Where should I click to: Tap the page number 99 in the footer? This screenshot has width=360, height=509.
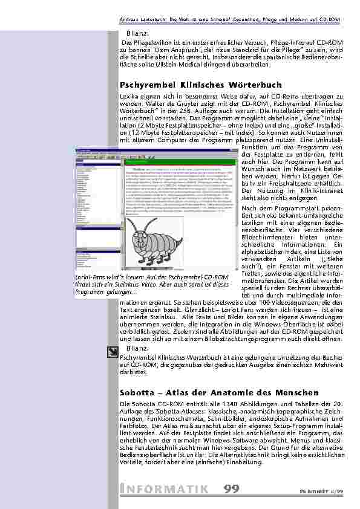tap(231, 489)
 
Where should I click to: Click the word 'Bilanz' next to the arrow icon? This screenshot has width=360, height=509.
tap(137, 349)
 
